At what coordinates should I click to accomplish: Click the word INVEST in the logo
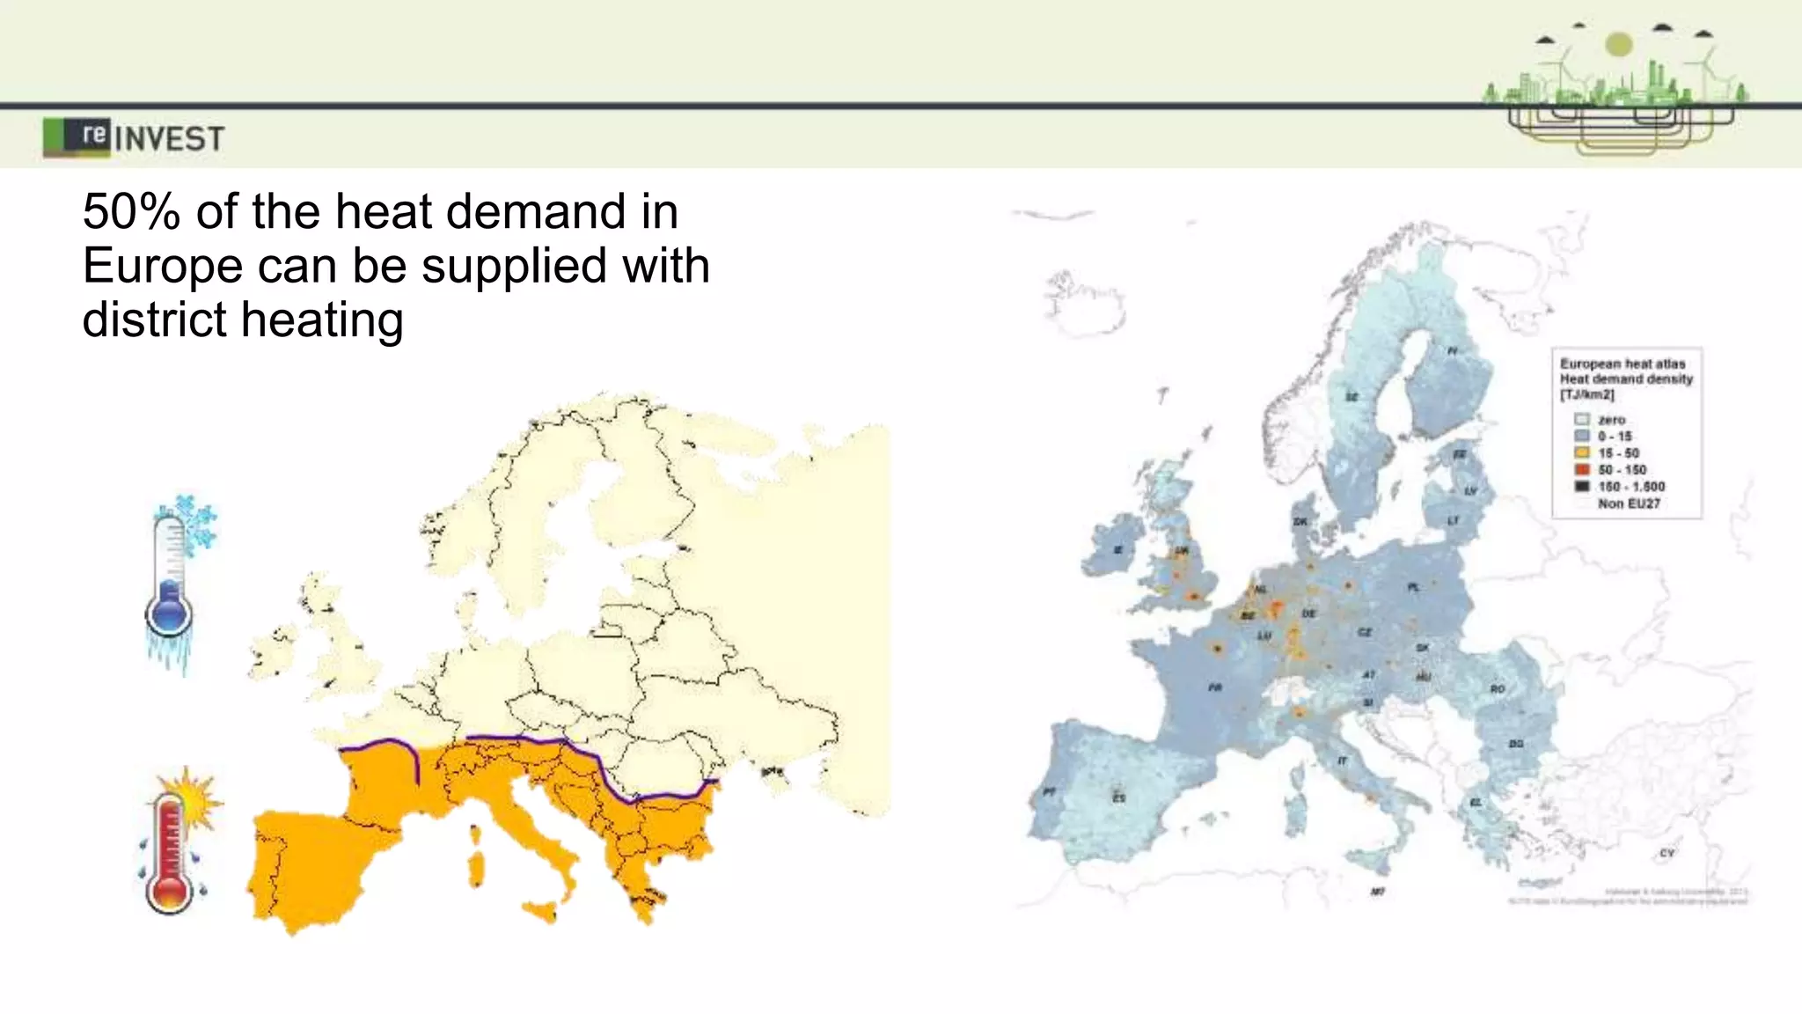tap(169, 139)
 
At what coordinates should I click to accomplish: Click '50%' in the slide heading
tap(131, 212)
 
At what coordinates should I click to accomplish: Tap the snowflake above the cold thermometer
tap(194, 521)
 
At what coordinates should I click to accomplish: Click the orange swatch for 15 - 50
tap(1582, 452)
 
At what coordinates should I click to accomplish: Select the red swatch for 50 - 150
tap(1582, 469)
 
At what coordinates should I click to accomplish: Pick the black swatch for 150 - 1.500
tap(1582, 486)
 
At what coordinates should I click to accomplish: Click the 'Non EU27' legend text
tap(1629, 503)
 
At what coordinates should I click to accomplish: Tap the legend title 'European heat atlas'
tap(1623, 364)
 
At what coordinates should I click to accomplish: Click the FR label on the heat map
tap(1215, 687)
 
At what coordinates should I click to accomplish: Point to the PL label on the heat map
tap(1414, 587)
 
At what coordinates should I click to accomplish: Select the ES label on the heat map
tap(1119, 797)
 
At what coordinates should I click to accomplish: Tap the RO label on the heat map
tap(1498, 688)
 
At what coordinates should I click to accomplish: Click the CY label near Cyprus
tap(1666, 853)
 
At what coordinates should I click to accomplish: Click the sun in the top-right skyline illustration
tap(1619, 44)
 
